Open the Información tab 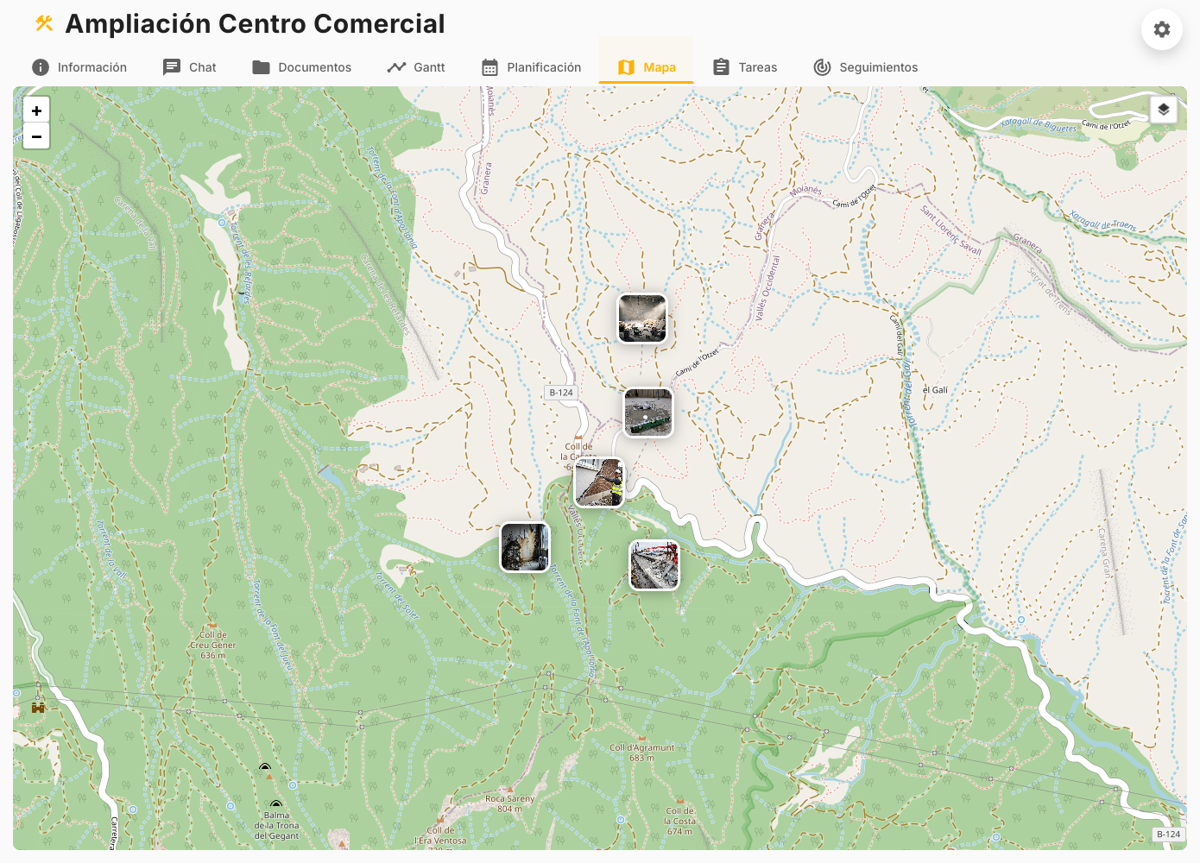coord(79,67)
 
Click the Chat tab coord(190,67)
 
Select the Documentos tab coord(302,67)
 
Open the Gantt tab coord(416,67)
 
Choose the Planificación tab coord(531,67)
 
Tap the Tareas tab coord(745,67)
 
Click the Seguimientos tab coord(866,67)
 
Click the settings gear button coord(1161,29)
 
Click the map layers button coord(1163,110)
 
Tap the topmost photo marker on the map coord(642,318)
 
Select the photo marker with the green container coord(648,413)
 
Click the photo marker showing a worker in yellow coord(599,482)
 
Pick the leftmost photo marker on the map coord(525,547)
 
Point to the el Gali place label coord(935,390)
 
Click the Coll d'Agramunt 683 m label coord(641,753)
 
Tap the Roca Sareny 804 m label coord(509,803)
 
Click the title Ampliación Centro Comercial coord(256,24)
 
